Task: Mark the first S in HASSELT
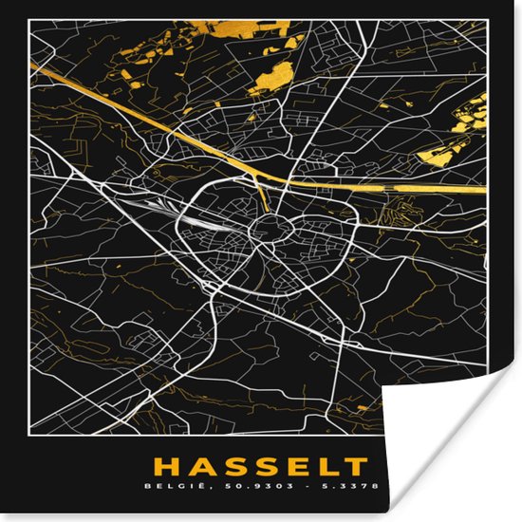pyautogui.click(x=229, y=466)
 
